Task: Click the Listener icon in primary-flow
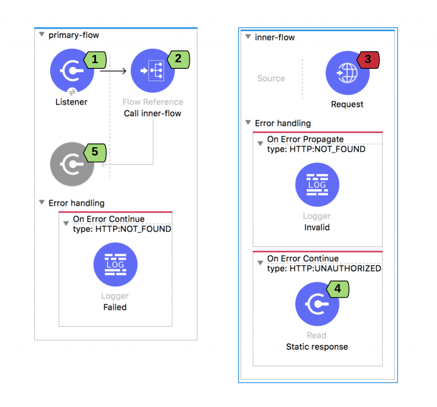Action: tap(72, 71)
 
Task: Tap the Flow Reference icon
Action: tap(152, 71)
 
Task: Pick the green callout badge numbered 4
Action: tap(337, 289)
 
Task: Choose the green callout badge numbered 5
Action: tap(94, 152)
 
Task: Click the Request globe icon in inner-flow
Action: tap(347, 73)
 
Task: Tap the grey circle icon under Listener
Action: tap(72, 164)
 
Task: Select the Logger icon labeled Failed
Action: tap(115, 264)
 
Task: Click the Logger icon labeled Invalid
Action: tap(317, 185)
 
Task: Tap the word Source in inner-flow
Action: tap(271, 79)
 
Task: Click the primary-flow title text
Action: tap(73, 35)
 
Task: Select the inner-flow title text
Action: tap(275, 38)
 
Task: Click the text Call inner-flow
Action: tap(152, 114)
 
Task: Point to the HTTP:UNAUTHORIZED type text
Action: tap(335, 269)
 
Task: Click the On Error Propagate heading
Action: tap(305, 139)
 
